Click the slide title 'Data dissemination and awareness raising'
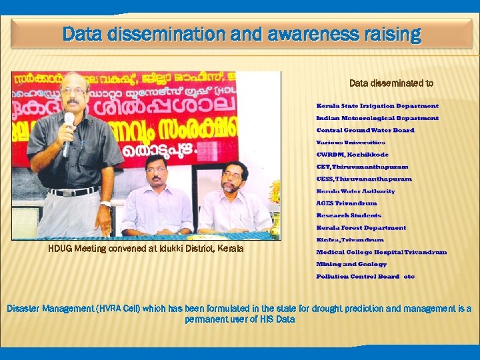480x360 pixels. [x=242, y=34]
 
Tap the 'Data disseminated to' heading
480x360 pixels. [x=391, y=83]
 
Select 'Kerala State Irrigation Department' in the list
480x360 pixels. [x=377, y=106]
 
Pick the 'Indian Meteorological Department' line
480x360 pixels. [x=377, y=118]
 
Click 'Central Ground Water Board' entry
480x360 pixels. [x=365, y=130]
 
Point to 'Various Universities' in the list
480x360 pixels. [x=351, y=142]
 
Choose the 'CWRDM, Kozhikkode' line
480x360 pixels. [x=352, y=155]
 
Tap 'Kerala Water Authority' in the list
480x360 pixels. [x=355, y=191]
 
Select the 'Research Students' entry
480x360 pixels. [x=349, y=215]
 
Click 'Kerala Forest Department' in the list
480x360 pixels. [x=361, y=228]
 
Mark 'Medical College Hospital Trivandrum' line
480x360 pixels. [x=381, y=252]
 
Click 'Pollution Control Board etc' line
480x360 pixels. [x=365, y=277]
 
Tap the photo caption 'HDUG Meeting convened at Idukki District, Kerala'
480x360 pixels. [x=146, y=249]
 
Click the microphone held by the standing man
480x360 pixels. [x=68, y=126]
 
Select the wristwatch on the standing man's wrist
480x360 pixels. [x=105, y=204]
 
